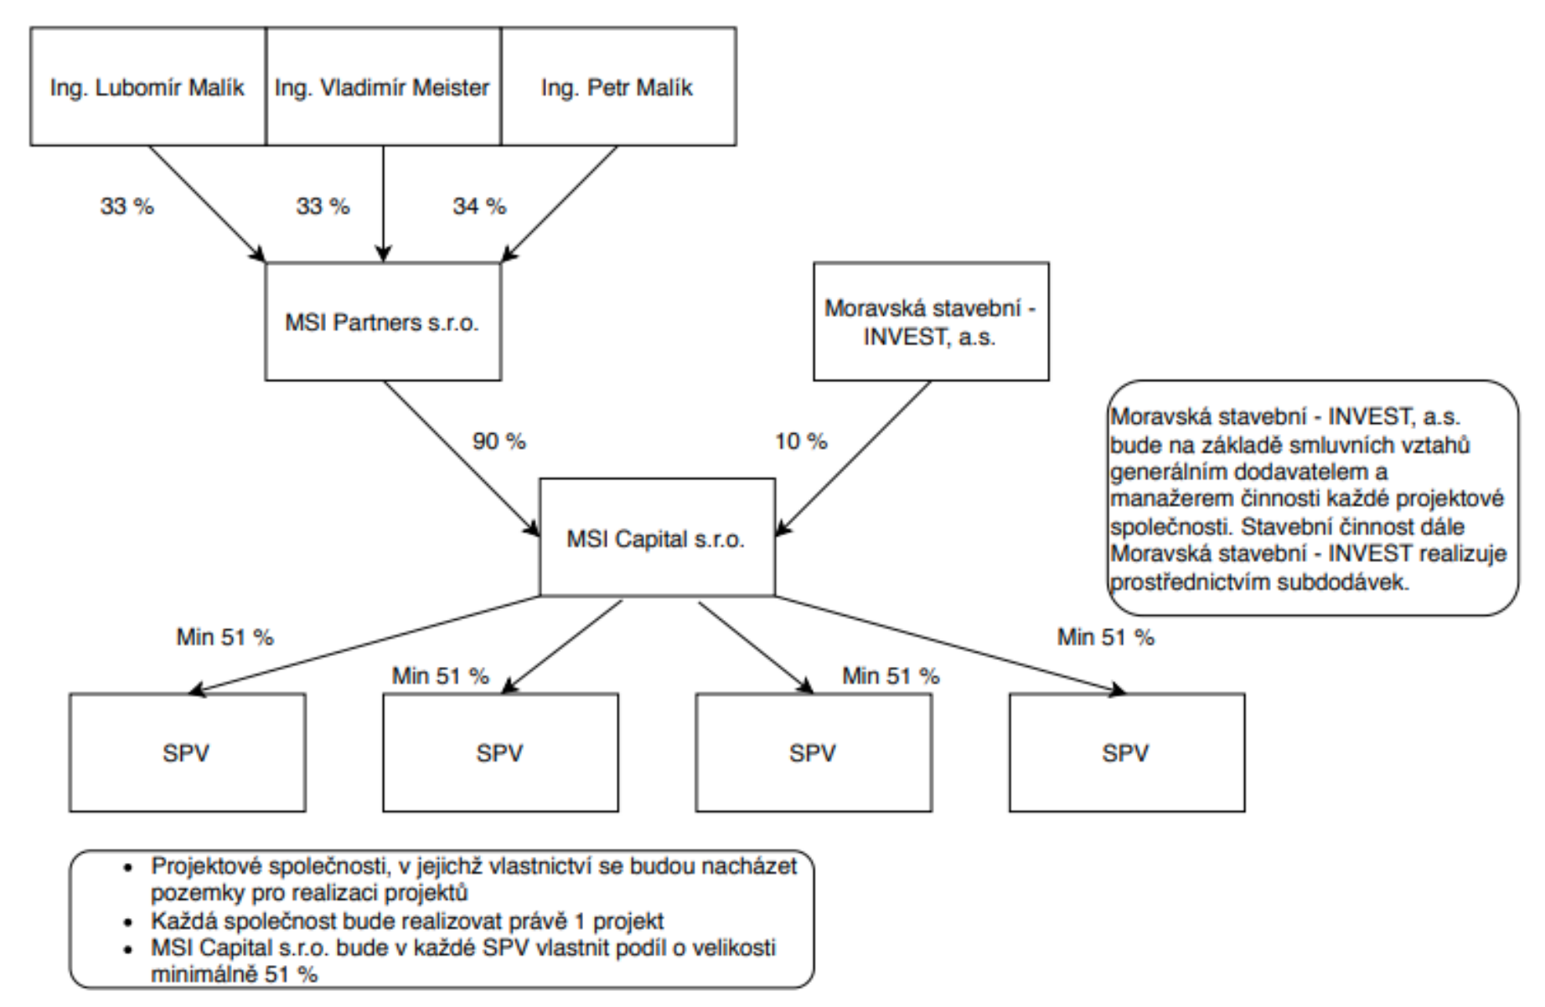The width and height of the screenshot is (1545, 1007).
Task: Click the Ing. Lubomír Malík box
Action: [x=147, y=87]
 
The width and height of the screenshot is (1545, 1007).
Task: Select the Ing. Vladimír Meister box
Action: [x=383, y=87]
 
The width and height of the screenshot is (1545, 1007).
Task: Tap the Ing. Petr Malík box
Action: [x=617, y=87]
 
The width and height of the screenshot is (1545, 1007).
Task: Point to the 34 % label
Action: [x=479, y=206]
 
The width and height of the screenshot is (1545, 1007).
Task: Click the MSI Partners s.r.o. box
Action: [x=383, y=323]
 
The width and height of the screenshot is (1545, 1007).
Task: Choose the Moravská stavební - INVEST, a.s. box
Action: [x=930, y=323]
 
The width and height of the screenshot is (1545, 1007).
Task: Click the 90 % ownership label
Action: [x=499, y=442]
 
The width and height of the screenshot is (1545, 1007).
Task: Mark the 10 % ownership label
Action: [x=800, y=442]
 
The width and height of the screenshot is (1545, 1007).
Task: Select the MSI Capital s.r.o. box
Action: [x=657, y=539]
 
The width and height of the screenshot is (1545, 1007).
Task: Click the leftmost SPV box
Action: [x=187, y=752]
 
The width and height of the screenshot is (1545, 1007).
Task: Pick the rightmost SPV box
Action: [x=1126, y=752]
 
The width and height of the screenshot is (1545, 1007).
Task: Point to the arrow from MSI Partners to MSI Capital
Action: [x=461, y=457]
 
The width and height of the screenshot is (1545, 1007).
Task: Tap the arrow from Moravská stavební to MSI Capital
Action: [x=855, y=457]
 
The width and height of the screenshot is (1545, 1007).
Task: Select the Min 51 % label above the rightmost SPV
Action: [x=1105, y=638]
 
